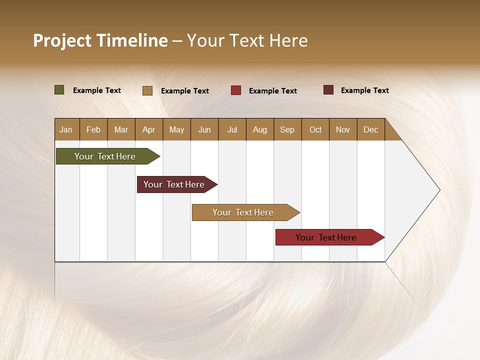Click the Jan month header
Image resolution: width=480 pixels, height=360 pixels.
coord(66,129)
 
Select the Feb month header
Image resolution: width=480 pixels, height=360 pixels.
coord(93,129)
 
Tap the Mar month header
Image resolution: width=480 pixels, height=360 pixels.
coord(121,129)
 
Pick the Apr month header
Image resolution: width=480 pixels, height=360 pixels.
coord(149,129)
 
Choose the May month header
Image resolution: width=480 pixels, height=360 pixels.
coord(176,129)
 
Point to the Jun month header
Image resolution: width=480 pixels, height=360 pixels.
coord(204,129)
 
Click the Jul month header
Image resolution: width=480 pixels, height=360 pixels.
coord(232,129)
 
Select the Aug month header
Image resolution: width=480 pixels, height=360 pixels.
coord(260,129)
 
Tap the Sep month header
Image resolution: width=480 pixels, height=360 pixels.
coord(287,129)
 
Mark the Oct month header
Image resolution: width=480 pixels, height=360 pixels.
coord(315,129)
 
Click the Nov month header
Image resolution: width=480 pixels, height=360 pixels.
coord(343,129)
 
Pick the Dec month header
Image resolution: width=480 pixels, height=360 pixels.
coord(371,129)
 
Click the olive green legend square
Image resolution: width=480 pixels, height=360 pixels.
coord(59,90)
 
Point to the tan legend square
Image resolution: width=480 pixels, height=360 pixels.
coord(147,90)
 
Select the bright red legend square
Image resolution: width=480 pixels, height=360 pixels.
coord(236,90)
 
